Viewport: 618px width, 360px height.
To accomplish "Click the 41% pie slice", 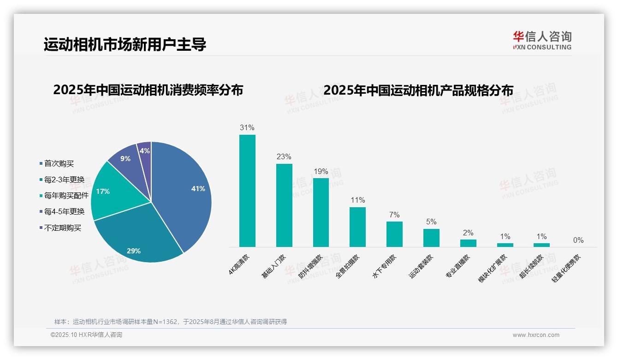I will (x=184, y=194).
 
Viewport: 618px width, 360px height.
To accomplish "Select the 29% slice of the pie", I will (x=138, y=240).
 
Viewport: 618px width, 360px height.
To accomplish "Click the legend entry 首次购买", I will (x=59, y=163).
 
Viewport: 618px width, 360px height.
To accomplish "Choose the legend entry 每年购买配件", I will (x=66, y=196).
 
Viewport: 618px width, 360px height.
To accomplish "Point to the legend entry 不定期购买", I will (x=62, y=228).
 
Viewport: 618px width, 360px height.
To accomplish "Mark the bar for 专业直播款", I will (x=468, y=243).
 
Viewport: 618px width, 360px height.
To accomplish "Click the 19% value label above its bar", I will (x=321, y=172).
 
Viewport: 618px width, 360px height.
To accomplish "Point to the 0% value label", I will (x=578, y=240).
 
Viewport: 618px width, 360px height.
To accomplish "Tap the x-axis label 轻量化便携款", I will (x=566, y=269).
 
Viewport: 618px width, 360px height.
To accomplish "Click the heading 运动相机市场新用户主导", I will (x=125, y=44).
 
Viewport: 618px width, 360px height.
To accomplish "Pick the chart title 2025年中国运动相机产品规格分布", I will (x=418, y=90).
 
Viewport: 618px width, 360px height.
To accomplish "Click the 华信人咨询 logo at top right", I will (x=542, y=40).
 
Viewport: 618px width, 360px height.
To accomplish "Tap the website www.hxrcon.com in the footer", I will (x=536, y=335).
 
